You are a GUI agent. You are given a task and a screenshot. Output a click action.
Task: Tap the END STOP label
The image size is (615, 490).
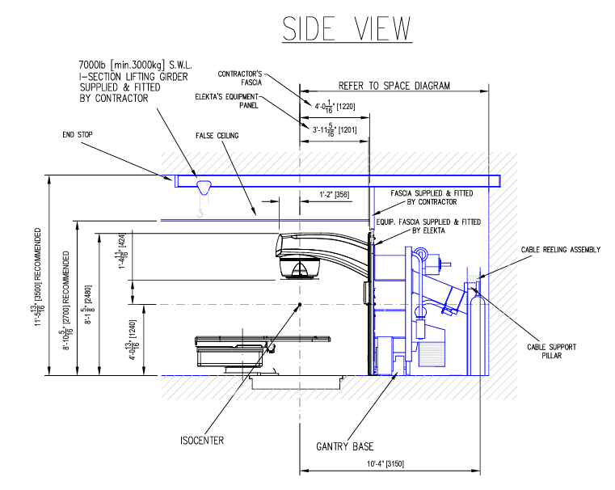point(81,135)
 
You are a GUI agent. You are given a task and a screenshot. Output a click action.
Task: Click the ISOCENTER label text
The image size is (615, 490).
point(202,441)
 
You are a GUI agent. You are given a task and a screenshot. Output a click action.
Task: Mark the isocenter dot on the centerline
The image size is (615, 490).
point(300,304)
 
